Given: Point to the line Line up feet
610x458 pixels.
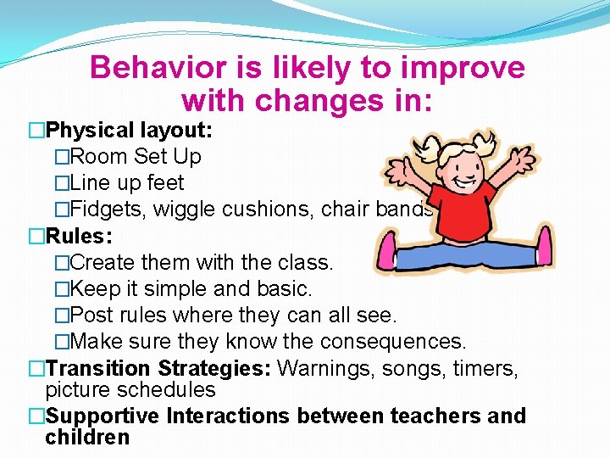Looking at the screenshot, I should click(x=126, y=183).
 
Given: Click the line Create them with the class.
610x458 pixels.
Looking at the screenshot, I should click(x=202, y=262).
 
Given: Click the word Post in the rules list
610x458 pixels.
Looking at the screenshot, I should click(x=89, y=315).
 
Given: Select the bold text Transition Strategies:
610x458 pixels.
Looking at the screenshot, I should click(x=158, y=368).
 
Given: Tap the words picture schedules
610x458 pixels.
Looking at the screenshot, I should click(x=130, y=390).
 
